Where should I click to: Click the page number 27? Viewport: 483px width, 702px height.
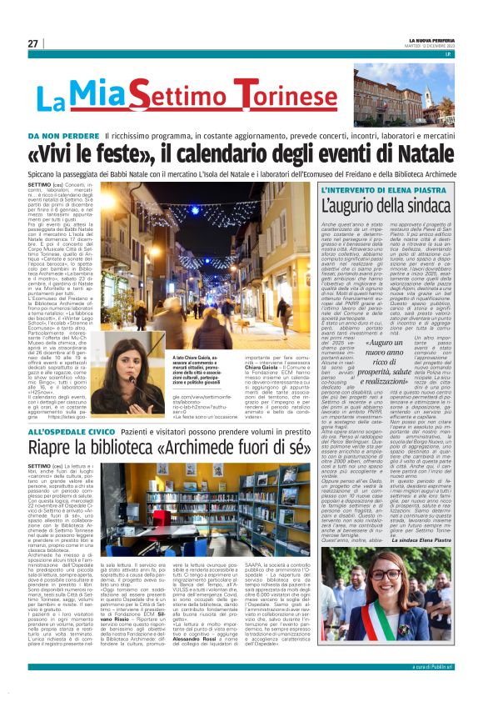tap(32, 43)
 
